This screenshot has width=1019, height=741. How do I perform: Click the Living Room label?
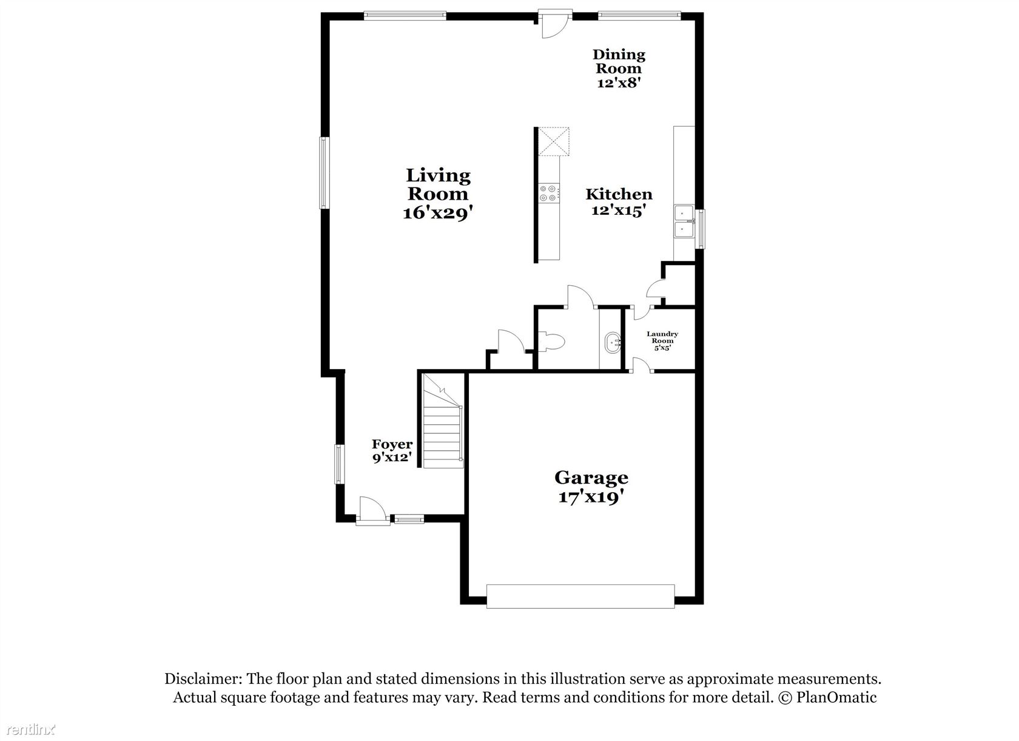click(437, 194)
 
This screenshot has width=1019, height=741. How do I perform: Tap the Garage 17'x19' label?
click(591, 487)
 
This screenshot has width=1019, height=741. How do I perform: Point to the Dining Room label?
click(619, 69)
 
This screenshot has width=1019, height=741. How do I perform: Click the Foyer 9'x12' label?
click(392, 450)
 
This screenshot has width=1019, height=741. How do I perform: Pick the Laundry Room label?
click(662, 341)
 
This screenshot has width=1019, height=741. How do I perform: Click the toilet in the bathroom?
click(551, 341)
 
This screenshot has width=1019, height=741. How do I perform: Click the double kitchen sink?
click(684, 222)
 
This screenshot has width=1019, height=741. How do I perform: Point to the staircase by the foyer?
click(443, 421)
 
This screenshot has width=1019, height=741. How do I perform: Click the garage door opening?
click(580, 597)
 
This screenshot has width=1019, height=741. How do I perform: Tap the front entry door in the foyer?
click(372, 511)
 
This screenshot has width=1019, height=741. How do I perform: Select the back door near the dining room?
click(554, 23)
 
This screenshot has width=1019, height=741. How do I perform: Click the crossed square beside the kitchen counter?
click(554, 141)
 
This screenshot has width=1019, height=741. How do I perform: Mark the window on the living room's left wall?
click(325, 173)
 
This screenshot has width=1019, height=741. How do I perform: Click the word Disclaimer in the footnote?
click(203, 679)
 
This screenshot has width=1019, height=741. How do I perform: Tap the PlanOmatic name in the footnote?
click(836, 698)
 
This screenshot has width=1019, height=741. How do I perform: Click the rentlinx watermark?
click(31, 729)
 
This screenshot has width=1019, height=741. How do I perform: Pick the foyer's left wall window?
click(340, 464)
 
